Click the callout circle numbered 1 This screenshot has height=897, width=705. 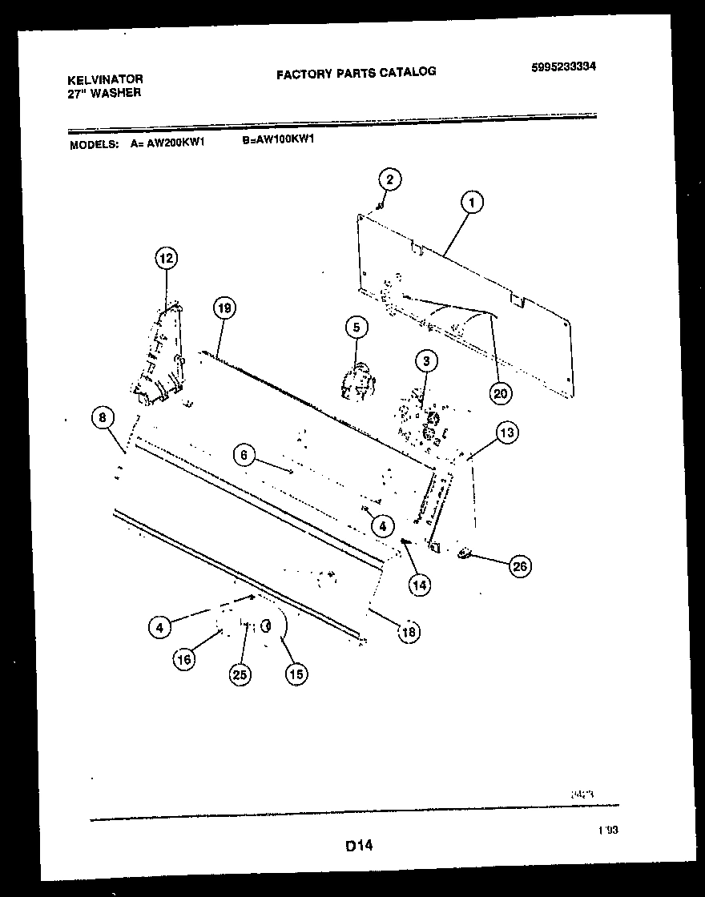(472, 203)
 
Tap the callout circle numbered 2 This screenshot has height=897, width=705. (389, 179)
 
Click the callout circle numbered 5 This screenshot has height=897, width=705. (357, 327)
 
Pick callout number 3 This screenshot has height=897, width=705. (426, 361)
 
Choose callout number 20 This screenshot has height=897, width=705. (502, 392)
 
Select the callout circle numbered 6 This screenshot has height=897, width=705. (245, 455)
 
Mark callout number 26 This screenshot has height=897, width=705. (519, 566)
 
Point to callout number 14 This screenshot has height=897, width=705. (419, 585)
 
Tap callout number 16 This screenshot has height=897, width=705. (185, 658)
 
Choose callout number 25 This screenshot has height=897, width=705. (239, 675)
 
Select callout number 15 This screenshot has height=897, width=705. (296, 674)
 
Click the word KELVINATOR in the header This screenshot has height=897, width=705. (106, 79)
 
